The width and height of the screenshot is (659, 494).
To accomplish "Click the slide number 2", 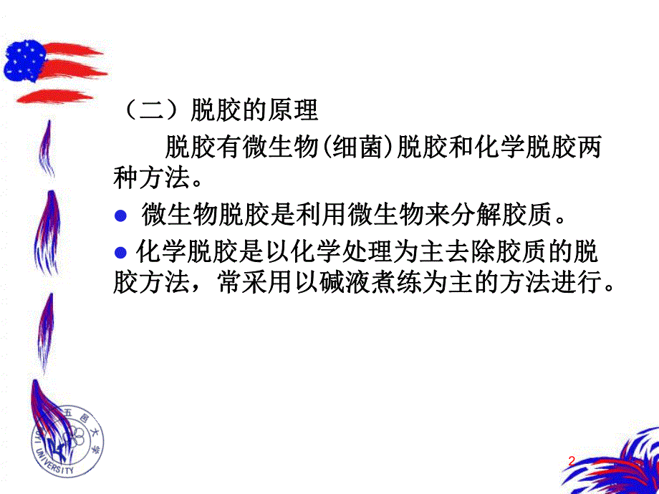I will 571,462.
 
